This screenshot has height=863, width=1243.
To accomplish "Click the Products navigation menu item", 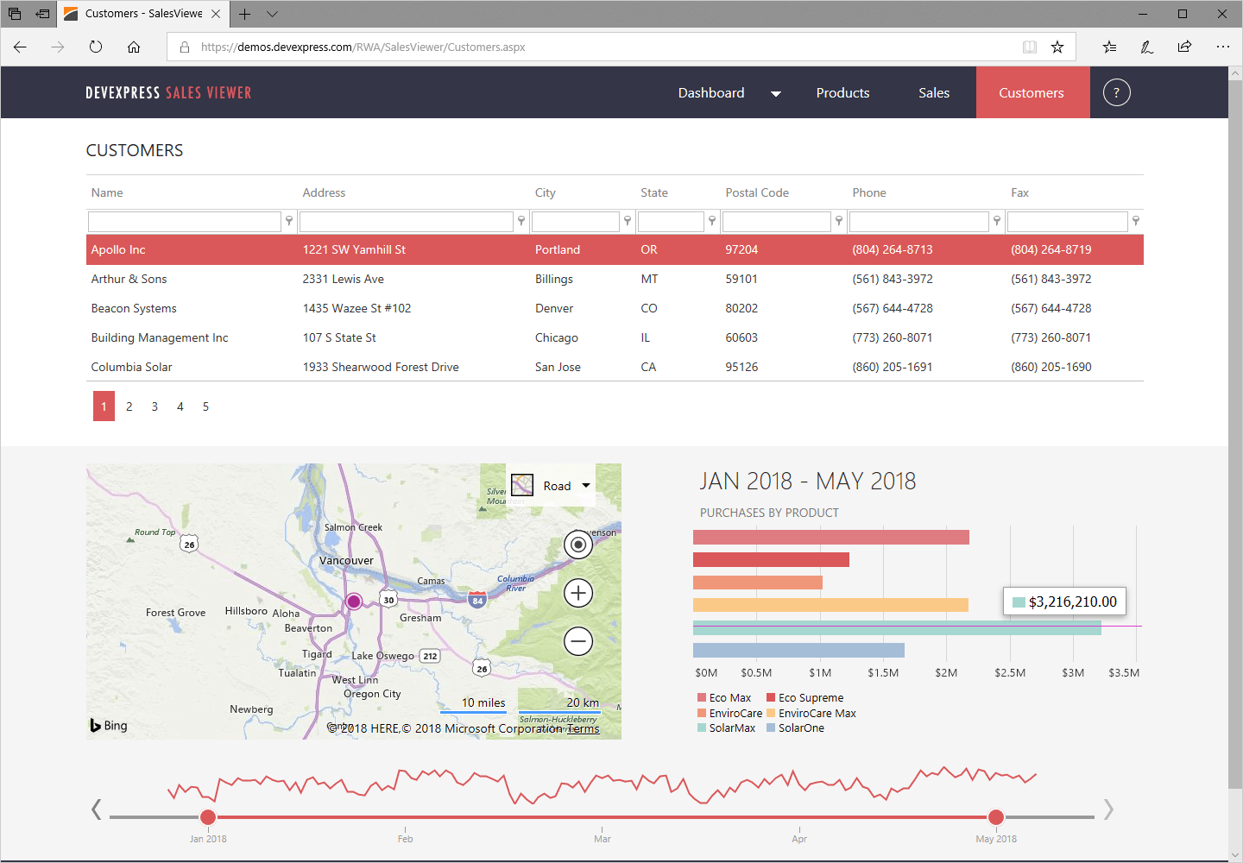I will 842,93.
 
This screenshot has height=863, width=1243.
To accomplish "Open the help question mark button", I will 1116,93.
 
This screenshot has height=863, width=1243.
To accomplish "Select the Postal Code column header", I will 757,192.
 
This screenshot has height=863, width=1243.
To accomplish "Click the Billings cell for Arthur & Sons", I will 554,279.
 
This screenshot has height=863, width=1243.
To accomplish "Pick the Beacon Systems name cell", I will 134,308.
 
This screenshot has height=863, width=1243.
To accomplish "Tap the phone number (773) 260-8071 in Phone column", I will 893,337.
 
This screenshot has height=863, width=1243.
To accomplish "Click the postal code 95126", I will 741,367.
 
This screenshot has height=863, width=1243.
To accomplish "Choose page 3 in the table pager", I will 155,406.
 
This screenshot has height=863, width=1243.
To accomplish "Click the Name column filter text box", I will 184,222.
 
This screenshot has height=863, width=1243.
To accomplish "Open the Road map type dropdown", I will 552,486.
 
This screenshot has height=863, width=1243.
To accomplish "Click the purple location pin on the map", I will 354,602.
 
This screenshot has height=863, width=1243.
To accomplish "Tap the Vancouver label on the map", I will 346,561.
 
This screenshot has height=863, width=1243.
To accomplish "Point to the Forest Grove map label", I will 175,613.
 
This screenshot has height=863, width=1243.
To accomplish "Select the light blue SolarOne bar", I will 798,650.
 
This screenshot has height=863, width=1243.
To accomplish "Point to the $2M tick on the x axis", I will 946,673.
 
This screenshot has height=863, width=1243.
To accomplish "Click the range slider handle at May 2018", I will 996,817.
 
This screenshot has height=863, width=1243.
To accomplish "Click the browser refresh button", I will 96,47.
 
